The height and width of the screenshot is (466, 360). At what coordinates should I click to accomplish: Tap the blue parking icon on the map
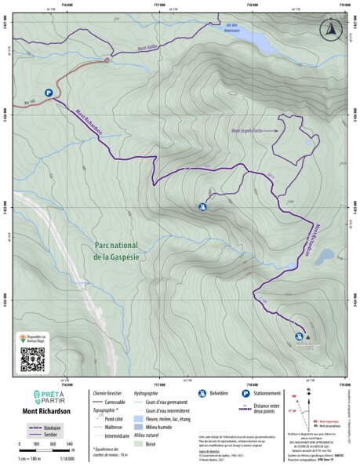(49, 92)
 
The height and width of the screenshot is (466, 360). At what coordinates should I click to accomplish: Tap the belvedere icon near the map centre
(202, 207)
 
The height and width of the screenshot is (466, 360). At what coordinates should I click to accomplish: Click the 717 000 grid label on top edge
(158, 3)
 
